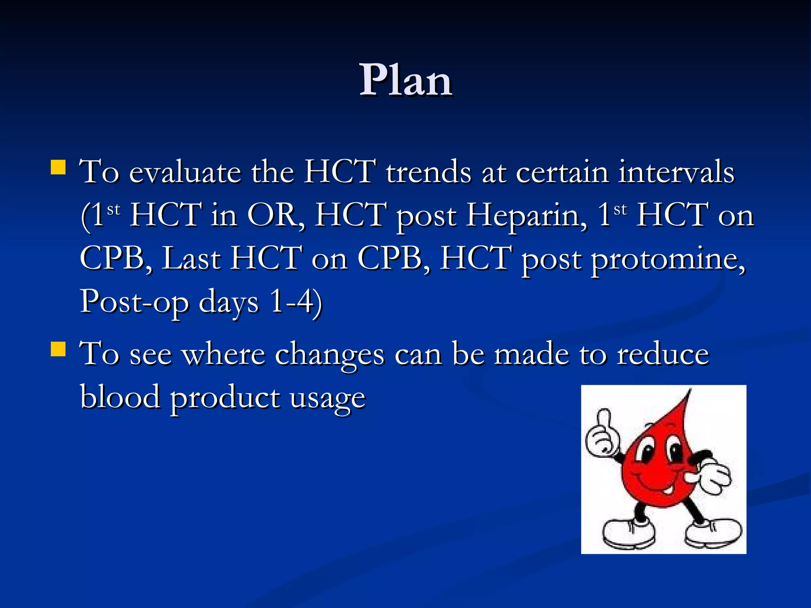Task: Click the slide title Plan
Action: click(405, 81)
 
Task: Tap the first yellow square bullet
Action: click(58, 167)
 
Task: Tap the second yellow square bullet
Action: click(58, 349)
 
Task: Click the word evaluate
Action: click(185, 173)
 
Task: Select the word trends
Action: click(429, 173)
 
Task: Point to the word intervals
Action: click(676, 173)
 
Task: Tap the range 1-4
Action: click(295, 302)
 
